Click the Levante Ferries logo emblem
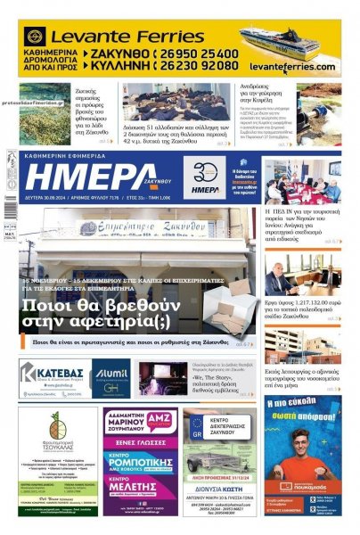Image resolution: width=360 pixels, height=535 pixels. (x=35, y=37)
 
